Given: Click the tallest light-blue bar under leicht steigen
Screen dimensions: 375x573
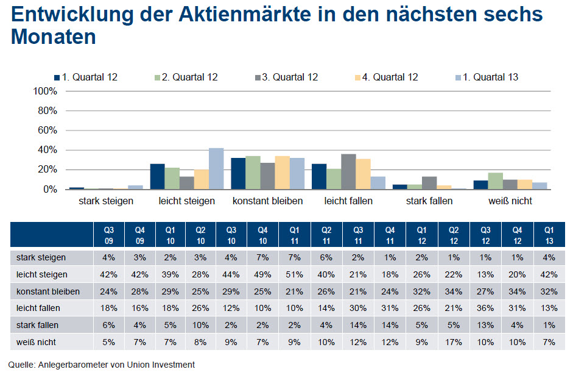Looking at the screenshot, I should coord(216,169).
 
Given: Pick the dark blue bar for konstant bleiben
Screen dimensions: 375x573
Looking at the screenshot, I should coord(238,174).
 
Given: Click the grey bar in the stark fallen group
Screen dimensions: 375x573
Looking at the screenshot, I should coord(429,183).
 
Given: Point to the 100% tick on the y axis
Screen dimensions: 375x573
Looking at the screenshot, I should coord(44,91).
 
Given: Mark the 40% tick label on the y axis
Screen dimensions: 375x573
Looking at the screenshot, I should coord(47,150).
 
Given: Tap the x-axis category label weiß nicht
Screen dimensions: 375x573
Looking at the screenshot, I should coord(510,201).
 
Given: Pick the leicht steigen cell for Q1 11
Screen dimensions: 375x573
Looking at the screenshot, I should coord(294,275).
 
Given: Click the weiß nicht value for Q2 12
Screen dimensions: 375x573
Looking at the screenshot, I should coord(454,342).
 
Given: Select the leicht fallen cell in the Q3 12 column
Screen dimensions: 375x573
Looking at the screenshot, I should coord(485,309).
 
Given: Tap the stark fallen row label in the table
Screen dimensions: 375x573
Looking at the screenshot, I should coord(37,326).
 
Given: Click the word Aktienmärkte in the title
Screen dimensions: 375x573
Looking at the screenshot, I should coord(243,15).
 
